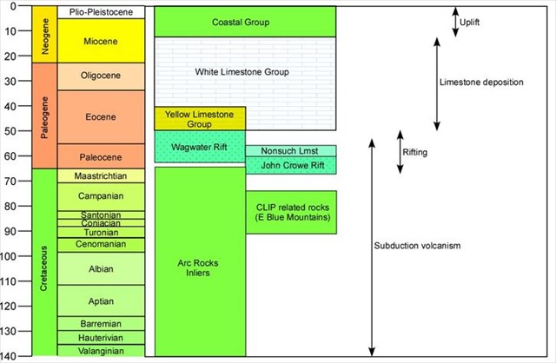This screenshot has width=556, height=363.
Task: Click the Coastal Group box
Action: coord(244,22)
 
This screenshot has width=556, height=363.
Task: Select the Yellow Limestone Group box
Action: coord(200,119)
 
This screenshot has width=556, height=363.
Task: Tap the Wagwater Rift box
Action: coord(200,147)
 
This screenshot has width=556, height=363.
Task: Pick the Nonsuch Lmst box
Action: coord(290,150)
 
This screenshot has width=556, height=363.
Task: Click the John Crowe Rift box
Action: coord(290,165)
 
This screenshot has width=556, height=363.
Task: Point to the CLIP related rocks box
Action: coord(290,212)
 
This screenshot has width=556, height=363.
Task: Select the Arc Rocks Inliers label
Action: coord(200,267)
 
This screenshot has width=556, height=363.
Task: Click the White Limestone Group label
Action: coord(244,71)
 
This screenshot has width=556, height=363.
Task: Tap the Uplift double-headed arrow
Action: coord(455,22)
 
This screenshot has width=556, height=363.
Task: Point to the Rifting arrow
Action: coord(399,152)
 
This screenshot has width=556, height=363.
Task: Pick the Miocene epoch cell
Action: coord(101,41)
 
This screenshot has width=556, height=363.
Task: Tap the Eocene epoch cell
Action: coord(101,116)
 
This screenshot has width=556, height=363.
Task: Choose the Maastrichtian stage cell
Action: coord(101,176)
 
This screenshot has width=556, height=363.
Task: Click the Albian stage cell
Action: coord(101,269)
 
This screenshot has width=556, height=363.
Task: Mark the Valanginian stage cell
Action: coord(101,351)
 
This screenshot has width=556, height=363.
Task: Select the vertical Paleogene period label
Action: coord(45,116)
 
